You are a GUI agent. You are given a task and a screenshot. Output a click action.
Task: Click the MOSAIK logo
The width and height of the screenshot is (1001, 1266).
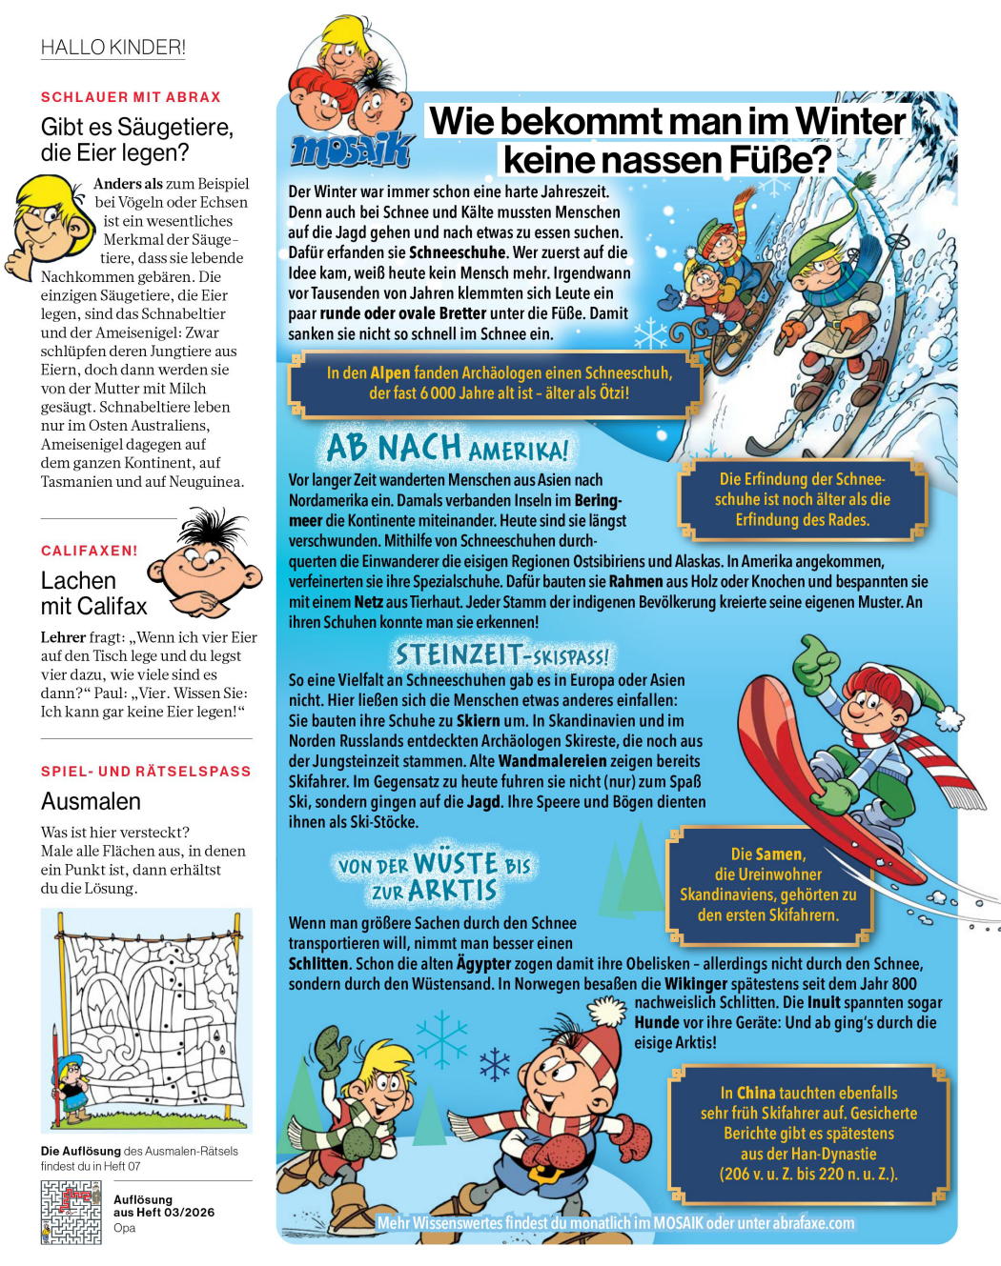[x=351, y=151]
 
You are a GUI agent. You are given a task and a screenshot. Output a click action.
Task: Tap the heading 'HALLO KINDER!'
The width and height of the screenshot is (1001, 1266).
[x=112, y=48]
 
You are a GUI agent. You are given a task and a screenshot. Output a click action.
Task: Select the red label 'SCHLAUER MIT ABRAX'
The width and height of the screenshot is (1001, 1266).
[x=131, y=97]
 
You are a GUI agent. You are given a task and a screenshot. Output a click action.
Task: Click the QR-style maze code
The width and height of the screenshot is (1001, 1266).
[x=71, y=1213]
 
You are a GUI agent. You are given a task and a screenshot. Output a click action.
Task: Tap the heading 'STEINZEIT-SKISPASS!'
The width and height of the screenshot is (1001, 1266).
[x=501, y=654]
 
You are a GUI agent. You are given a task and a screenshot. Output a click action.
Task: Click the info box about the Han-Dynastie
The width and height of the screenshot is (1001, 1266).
[x=808, y=1133]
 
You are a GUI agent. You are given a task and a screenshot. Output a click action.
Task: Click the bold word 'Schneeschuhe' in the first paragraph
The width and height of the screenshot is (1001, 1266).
[x=458, y=252]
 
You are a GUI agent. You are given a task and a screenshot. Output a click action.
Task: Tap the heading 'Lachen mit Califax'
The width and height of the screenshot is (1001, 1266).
[x=93, y=593]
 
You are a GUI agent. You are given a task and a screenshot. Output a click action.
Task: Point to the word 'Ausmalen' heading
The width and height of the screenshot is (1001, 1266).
[x=91, y=801]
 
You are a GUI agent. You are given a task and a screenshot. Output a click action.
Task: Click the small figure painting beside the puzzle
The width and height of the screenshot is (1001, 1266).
[x=71, y=1087]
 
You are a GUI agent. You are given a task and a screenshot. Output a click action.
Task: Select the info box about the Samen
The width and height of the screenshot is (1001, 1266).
[x=767, y=884]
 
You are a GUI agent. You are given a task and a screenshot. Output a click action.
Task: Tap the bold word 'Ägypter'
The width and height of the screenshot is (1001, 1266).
[x=483, y=963]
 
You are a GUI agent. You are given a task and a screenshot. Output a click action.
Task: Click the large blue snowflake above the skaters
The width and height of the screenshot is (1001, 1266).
[x=440, y=1037]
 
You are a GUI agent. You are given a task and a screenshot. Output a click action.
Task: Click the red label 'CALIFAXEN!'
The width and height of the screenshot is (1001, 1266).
[x=89, y=551]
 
